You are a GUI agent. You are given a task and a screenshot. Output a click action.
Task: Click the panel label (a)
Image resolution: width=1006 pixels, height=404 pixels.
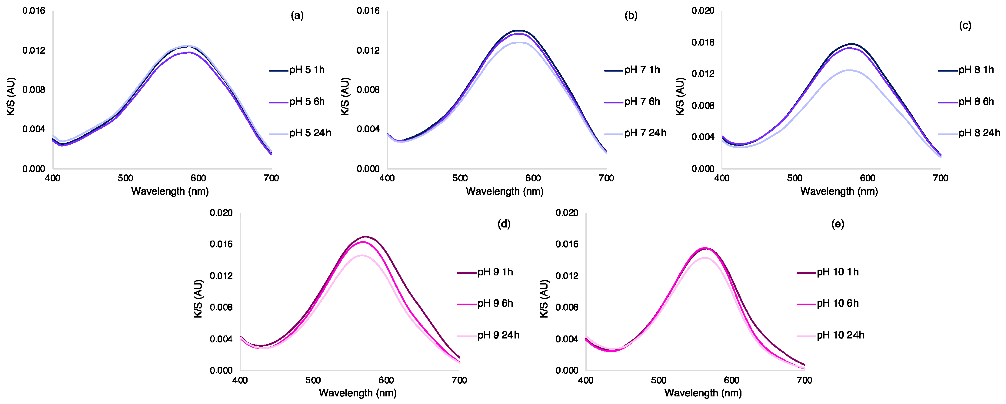(297, 16)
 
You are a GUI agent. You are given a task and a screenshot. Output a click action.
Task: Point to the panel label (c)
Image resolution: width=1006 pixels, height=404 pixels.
(964, 26)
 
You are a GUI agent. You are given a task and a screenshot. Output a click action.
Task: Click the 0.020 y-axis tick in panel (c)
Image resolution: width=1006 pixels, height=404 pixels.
(703, 11)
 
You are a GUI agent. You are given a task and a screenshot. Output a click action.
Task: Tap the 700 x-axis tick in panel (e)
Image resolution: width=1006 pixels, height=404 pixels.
(804, 380)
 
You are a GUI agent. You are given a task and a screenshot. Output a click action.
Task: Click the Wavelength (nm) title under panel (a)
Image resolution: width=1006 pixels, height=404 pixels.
(170, 191)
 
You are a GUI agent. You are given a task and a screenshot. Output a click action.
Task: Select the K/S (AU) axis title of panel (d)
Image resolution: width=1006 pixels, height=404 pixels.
(198, 298)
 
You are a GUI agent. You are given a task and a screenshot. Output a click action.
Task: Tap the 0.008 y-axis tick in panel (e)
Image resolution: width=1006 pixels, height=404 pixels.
(567, 308)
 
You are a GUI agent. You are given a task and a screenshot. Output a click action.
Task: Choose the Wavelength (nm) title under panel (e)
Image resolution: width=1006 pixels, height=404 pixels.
(703, 393)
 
